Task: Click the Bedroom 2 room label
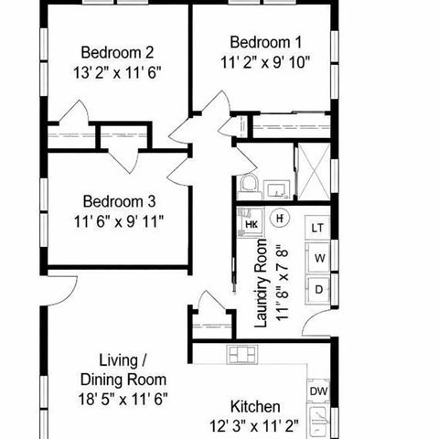[116, 51]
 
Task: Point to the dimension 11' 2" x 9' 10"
[266, 61]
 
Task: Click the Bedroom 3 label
[120, 201]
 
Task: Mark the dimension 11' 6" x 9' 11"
[120, 219]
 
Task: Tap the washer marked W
[319, 258]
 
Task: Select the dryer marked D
[319, 289]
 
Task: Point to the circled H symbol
[282, 218]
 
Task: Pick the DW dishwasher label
[318, 391]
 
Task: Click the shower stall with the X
[312, 171]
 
